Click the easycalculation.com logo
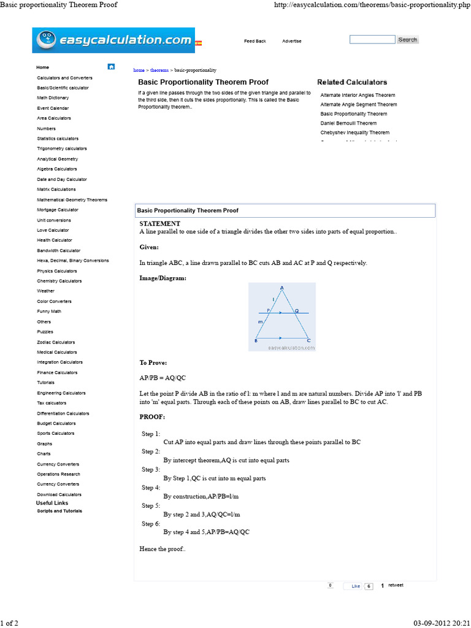coord(113,40)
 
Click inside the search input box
coord(372,40)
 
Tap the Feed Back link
coord(255,41)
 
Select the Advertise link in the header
coord(291,41)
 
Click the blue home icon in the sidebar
coord(111,67)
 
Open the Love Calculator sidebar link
coord(53,230)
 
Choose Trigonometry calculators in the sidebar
coord(61,148)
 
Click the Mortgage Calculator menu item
coord(58,210)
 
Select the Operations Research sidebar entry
coord(58,474)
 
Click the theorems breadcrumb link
coord(159,71)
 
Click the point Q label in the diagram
coord(296,311)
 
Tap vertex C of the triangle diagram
coord(308,340)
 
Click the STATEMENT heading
coord(159,224)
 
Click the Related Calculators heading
coord(352,82)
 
